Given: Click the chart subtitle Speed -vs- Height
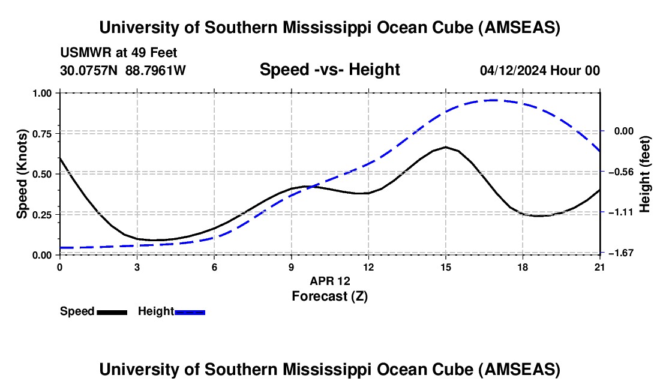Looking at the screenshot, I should click(x=329, y=70).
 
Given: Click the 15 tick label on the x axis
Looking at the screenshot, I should click(x=445, y=267).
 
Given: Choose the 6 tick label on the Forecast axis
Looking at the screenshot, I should click(x=214, y=267).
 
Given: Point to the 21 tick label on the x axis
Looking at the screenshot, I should click(x=599, y=267).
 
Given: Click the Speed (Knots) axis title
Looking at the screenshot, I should click(x=22, y=174).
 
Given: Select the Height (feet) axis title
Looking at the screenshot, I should click(x=645, y=174).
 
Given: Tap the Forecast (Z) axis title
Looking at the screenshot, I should click(x=329, y=296).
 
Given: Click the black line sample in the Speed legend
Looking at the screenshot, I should click(x=112, y=312).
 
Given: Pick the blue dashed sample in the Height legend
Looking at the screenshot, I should click(x=190, y=312).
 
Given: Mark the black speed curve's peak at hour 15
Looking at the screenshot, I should click(x=445, y=147).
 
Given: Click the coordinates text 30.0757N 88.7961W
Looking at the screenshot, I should click(x=123, y=70).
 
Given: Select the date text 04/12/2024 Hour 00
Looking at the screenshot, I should click(x=539, y=70).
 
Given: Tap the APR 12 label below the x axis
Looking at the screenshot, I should click(x=329, y=281).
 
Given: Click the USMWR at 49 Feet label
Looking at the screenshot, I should click(x=118, y=53).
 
